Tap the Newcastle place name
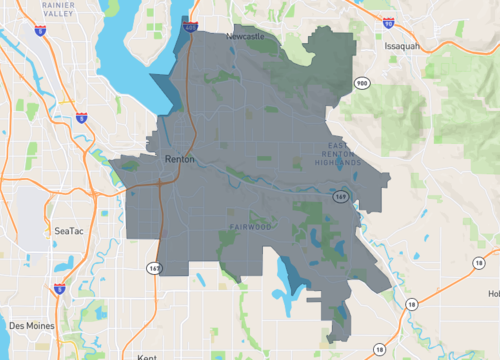point(245,36)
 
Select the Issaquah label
point(405,46)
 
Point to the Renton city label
point(180,159)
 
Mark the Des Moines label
point(31,325)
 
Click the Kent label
point(146,355)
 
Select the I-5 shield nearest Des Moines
point(60,289)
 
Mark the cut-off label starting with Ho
point(493,293)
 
